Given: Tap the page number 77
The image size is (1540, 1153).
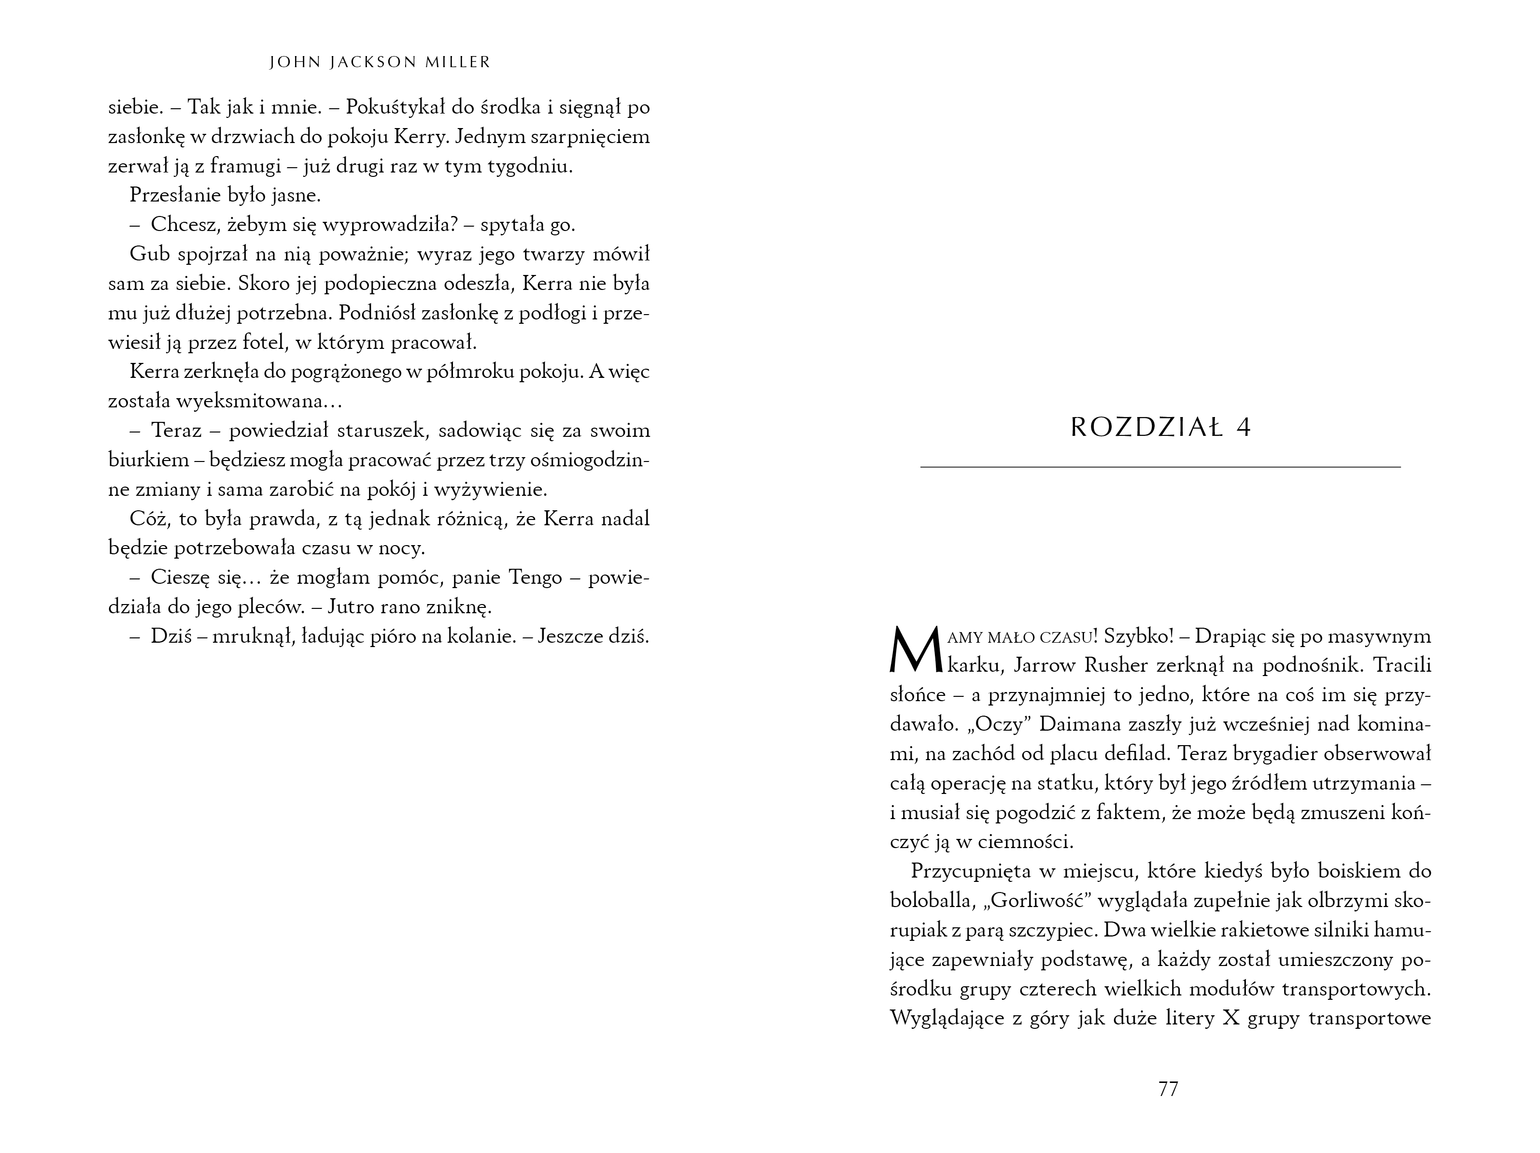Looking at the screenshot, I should point(1168,1088).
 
